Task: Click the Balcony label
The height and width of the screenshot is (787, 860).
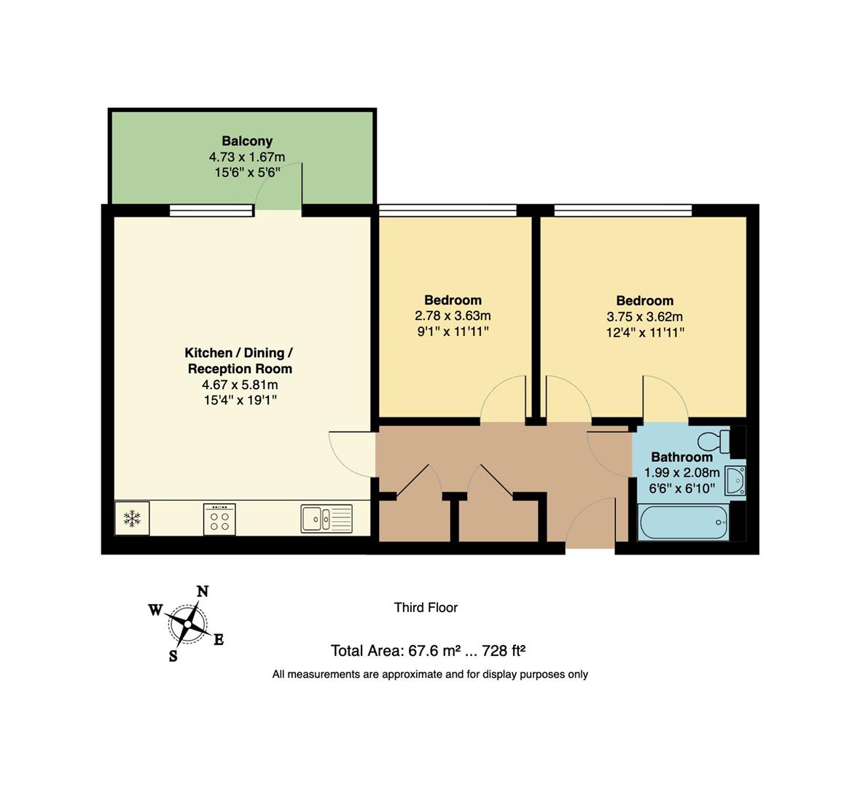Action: point(247,141)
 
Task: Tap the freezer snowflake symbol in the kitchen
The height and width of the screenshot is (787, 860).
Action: point(132,518)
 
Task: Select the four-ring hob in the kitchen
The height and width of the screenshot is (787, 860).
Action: point(220,517)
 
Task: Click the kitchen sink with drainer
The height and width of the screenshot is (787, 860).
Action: point(326,518)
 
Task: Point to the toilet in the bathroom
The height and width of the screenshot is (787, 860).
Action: point(714,440)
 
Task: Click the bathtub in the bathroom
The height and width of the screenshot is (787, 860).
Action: point(682,522)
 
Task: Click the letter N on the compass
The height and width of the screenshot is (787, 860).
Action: point(203,591)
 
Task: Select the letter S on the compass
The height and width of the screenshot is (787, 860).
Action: point(173,655)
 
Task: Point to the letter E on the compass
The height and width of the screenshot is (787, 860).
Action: point(218,640)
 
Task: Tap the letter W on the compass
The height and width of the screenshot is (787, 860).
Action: point(155,610)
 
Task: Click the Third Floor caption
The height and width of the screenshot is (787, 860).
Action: point(426,607)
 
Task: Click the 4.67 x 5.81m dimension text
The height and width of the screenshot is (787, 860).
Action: point(240,385)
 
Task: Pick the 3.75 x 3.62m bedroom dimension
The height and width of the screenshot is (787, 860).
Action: point(644,317)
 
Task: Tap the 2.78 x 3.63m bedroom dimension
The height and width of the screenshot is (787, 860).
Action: point(453,316)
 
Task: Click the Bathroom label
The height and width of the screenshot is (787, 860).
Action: point(681,457)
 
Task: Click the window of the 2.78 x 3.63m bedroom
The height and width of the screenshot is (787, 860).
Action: point(447,211)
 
